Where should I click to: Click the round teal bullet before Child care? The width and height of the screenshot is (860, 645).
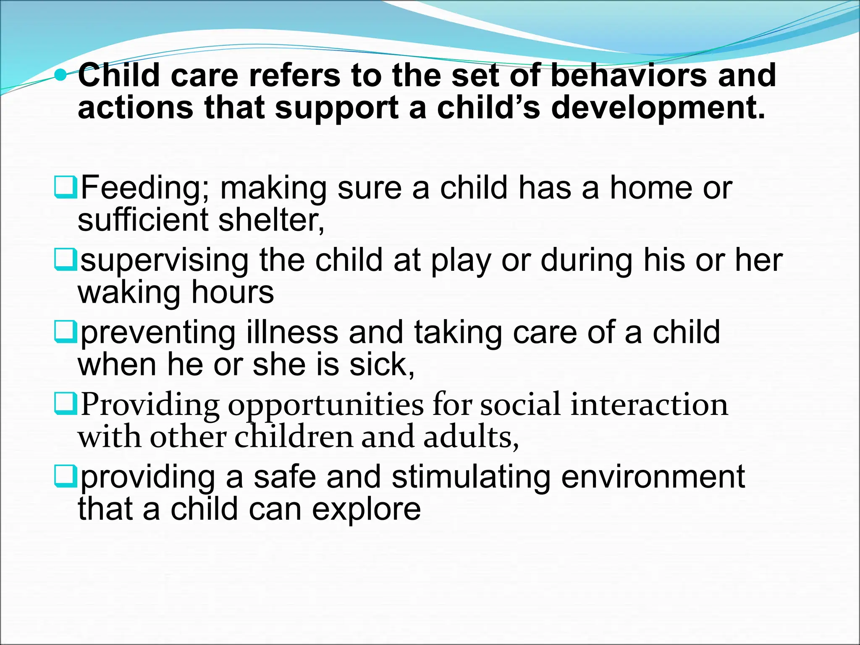tap(61, 75)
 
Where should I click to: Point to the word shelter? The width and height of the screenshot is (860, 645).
tap(271, 220)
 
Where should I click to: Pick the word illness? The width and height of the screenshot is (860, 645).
tap(292, 332)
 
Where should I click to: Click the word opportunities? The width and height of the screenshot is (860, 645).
tap(326, 406)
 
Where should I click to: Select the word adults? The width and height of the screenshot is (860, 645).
tap(470, 437)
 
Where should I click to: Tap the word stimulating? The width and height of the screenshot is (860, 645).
tap(471, 477)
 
